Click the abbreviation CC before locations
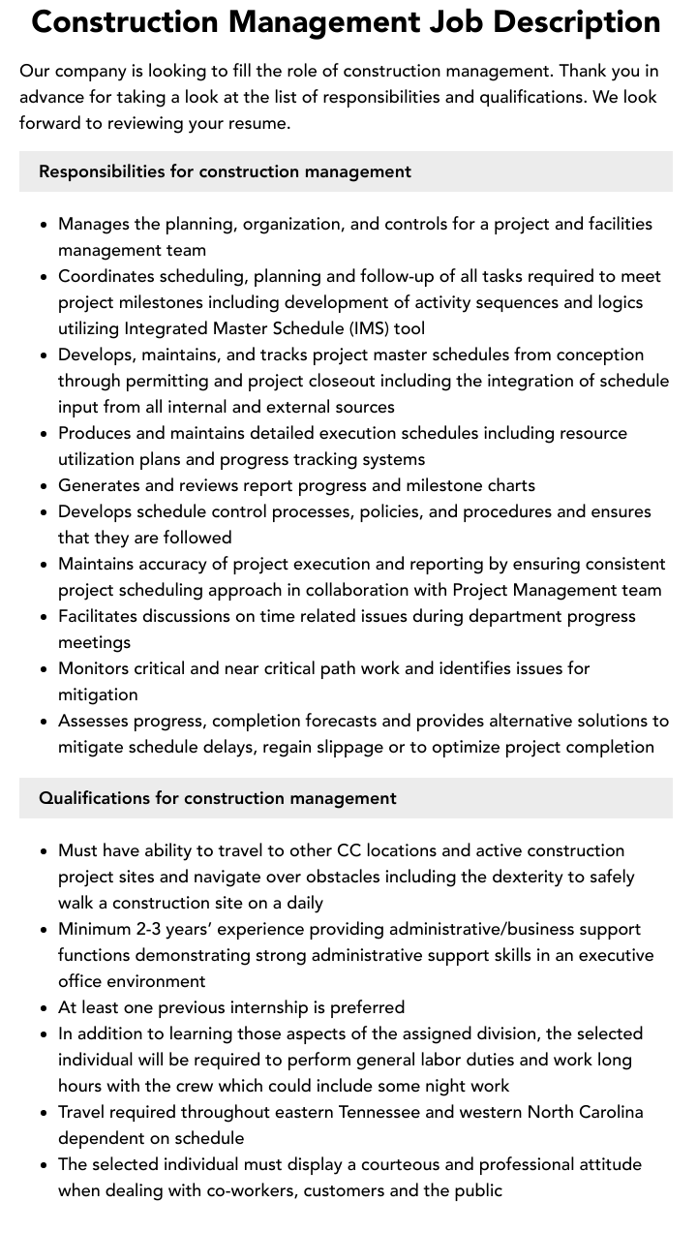348,850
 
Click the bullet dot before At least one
45,1008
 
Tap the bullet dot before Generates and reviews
45,486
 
